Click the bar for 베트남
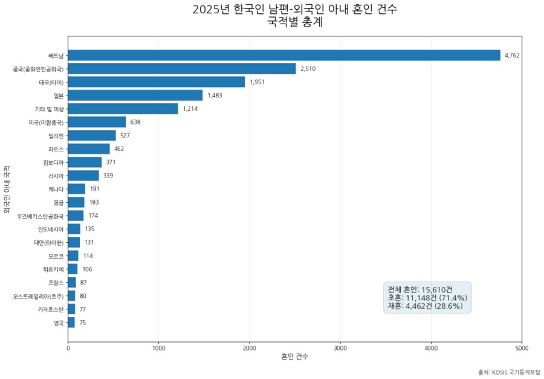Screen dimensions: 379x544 pyautogui.click(x=284, y=55)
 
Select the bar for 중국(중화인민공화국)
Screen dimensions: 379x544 pyautogui.click(x=182, y=68)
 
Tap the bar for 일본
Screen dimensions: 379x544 pyautogui.click(x=135, y=95)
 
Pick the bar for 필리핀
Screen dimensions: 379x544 pyautogui.click(x=92, y=135)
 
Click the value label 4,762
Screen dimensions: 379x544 pyautogui.click(x=512, y=56)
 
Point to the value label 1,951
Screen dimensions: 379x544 pyautogui.click(x=257, y=82)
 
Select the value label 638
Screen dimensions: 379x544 pyautogui.click(x=135, y=122)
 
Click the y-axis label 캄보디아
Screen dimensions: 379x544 pyautogui.click(x=53, y=162)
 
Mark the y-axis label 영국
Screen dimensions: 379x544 pyautogui.click(x=58, y=323)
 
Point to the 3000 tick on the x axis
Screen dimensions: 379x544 pyautogui.click(x=340, y=348)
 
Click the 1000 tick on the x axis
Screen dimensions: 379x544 pyautogui.click(x=159, y=348)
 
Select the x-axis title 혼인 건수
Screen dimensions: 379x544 pyautogui.click(x=295, y=357)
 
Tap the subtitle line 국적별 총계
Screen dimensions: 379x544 pyautogui.click(x=295, y=24)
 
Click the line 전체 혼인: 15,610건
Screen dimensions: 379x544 pyautogui.click(x=419, y=289)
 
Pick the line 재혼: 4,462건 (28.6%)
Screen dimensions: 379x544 pyautogui.click(x=425, y=306)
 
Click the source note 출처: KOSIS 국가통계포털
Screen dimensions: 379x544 pyautogui.click(x=508, y=371)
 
